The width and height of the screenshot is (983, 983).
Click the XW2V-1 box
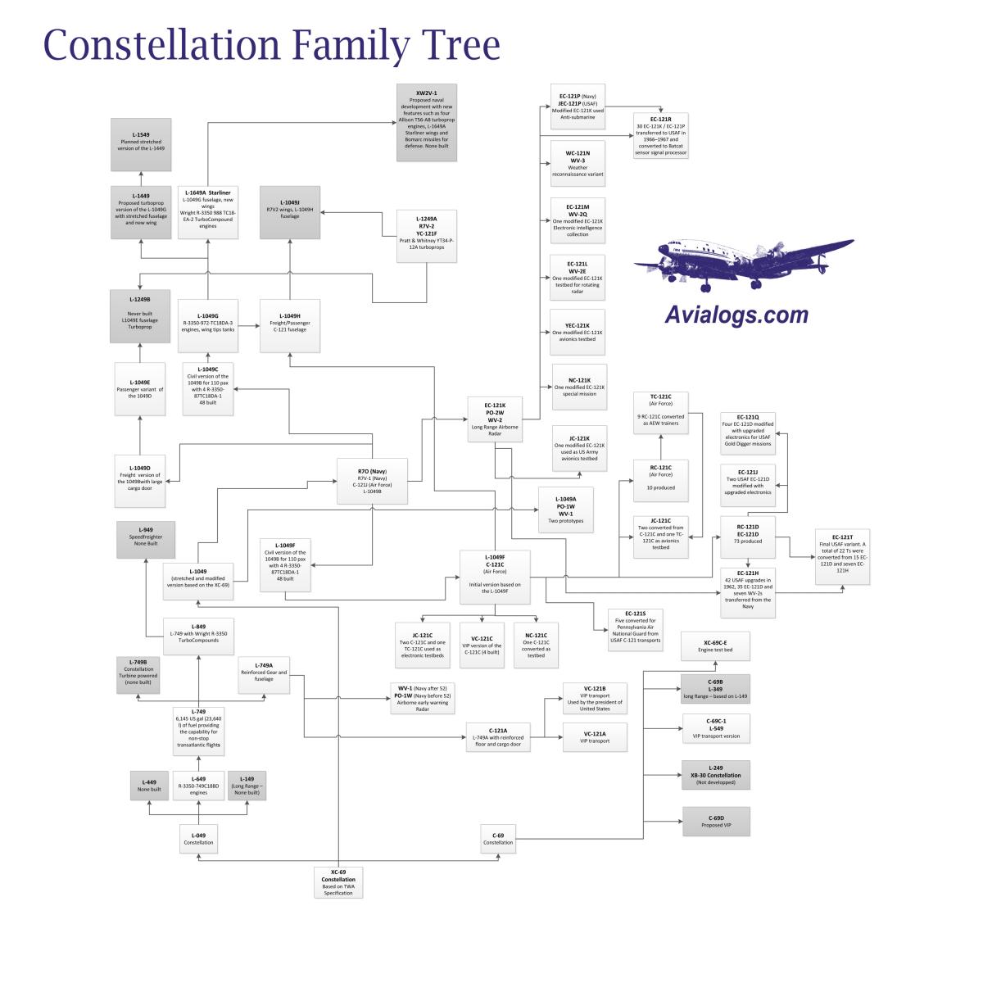coord(426,122)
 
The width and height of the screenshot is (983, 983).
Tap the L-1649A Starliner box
coord(208,212)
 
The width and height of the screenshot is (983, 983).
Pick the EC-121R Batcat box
coord(661,135)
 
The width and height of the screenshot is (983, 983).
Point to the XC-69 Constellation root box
coord(338,881)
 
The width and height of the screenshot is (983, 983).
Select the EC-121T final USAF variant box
coord(841,557)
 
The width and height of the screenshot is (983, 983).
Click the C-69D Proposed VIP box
coord(716,822)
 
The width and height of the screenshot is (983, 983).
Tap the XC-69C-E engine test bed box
coord(716,646)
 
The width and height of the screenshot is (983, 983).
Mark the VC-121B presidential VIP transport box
coord(595,698)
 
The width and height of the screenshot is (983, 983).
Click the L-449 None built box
coord(150,785)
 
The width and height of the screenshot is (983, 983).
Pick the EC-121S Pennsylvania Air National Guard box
coord(636,630)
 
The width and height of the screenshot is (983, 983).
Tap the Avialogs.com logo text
coord(736,315)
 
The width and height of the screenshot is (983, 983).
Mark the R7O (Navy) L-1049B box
coord(372,481)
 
